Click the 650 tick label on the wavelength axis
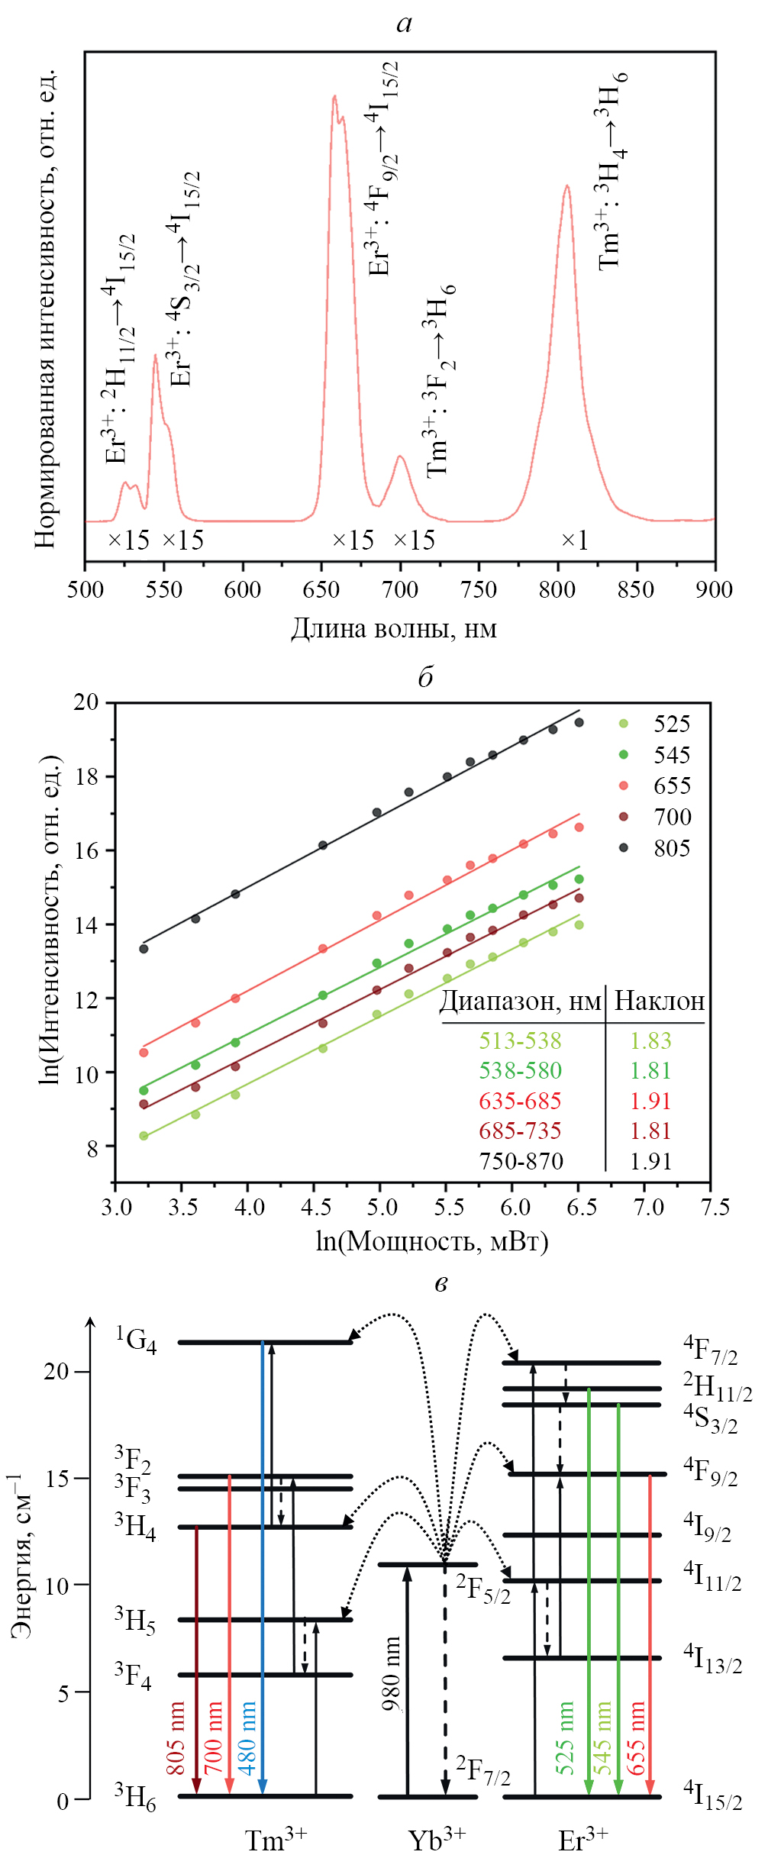point(321,590)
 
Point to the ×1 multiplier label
point(574,540)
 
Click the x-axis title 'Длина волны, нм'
point(393,628)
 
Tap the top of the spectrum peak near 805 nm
point(566,185)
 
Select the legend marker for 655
point(624,785)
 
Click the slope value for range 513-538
point(650,1040)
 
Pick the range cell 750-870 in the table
point(521,1161)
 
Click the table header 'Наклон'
point(659,1001)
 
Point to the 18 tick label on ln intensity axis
point(86,777)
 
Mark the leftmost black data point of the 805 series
point(144,949)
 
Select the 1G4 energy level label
point(136,1340)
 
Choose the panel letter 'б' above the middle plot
point(425,677)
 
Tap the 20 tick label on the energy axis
point(56,1371)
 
